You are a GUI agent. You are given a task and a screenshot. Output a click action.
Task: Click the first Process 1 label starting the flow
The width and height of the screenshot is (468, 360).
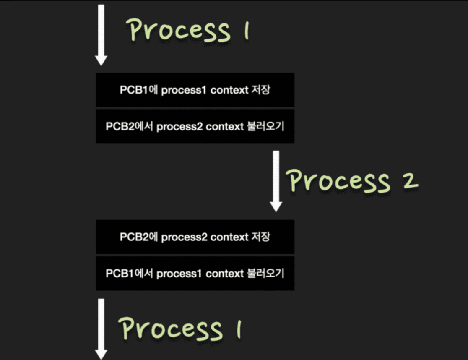pos(188,30)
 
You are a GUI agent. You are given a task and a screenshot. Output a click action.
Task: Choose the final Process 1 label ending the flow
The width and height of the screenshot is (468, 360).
pos(179,328)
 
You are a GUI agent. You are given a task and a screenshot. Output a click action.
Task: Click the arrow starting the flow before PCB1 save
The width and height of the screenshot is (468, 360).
pos(101,34)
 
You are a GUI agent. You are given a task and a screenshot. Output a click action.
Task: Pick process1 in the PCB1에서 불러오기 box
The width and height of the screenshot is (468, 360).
pos(179,274)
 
